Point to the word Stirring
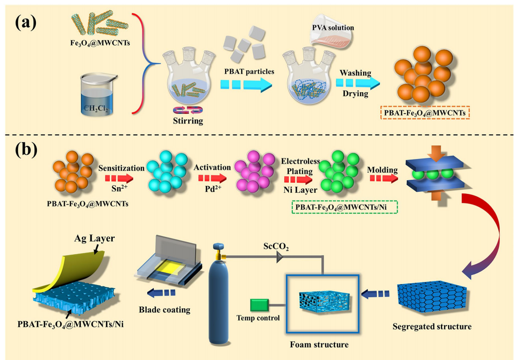pos(188,121)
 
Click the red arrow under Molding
pos(382,178)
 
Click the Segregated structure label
pos(431,326)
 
